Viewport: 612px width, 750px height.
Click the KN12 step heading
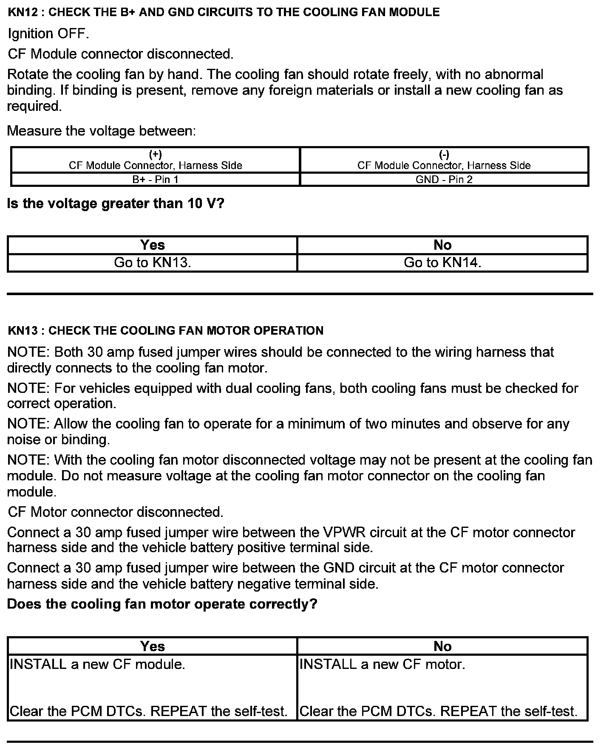[224, 12]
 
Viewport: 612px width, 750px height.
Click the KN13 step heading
[165, 330]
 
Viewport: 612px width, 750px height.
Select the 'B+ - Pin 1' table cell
[155, 179]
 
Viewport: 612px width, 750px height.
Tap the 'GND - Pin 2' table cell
[444, 179]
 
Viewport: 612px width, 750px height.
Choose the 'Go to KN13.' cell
[152, 262]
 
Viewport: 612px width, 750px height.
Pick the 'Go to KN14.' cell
[442, 262]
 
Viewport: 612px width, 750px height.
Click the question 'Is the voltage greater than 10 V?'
[116, 203]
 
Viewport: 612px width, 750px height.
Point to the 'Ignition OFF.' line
[48, 34]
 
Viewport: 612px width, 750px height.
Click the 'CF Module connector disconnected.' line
[121, 54]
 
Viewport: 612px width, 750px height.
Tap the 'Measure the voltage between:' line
[102, 130]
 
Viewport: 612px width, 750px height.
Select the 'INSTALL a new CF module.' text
[97, 664]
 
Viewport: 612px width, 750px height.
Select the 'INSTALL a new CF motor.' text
[382, 664]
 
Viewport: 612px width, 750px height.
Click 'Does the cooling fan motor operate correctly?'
[162, 603]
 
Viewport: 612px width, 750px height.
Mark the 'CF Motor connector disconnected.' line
[116, 512]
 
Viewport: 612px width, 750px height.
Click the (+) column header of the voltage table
[155, 160]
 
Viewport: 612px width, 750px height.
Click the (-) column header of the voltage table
[444, 160]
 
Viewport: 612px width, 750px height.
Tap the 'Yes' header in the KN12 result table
[152, 245]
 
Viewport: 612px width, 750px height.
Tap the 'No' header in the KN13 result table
[442, 646]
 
